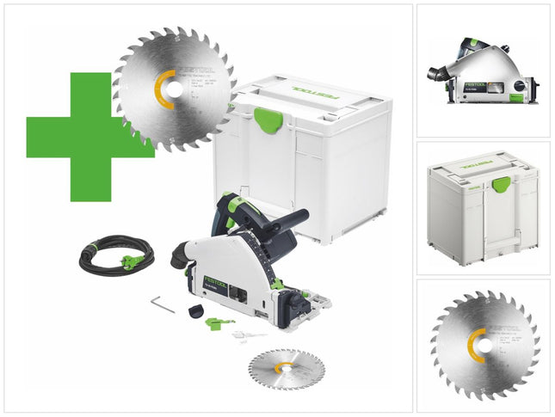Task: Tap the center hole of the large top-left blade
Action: [x=175, y=89]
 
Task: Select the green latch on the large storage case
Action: [x=268, y=120]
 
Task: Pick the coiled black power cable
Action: [x=113, y=254]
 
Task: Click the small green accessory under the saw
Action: [x=219, y=323]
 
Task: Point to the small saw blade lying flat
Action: [x=287, y=367]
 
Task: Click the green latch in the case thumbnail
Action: [x=501, y=182]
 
